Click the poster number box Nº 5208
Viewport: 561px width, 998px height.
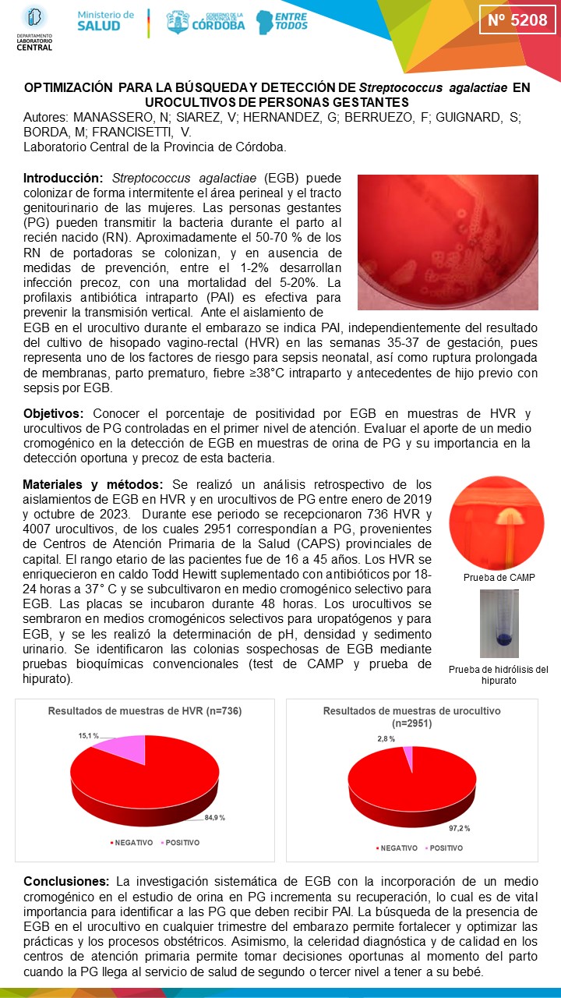pos(517,20)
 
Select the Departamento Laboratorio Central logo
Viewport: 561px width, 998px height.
pos(34,28)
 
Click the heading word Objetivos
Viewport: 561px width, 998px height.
pos(57,413)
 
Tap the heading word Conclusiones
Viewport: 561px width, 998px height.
pos(66,882)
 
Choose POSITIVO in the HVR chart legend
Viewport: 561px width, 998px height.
pos(183,843)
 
